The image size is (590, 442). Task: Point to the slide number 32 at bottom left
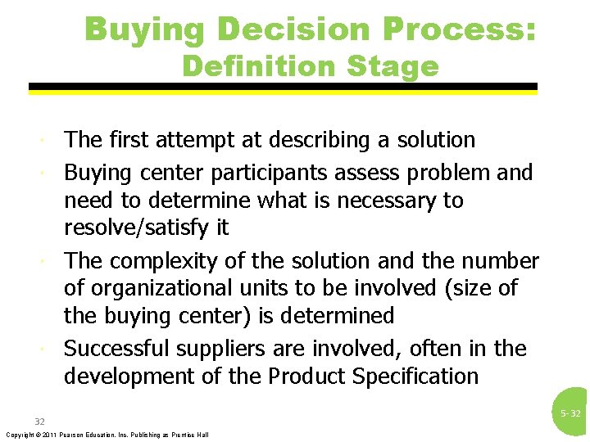tap(39, 422)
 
